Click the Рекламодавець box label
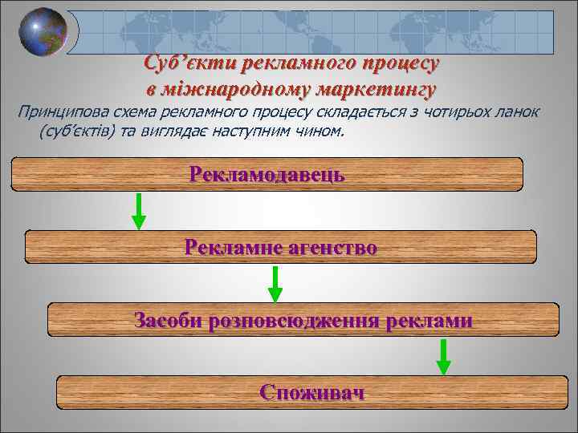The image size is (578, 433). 267,173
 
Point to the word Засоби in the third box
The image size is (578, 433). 167,321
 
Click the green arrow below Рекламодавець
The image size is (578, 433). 139,211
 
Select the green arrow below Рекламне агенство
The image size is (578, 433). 275,284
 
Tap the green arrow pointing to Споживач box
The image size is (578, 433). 443,357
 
